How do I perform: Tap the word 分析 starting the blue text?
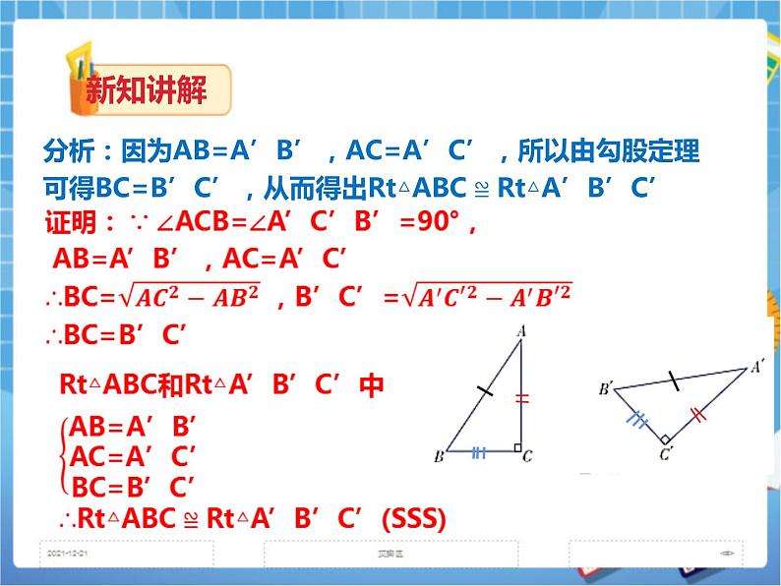[69, 151]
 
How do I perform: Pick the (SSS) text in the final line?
[412, 518]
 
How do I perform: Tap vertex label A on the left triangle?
[521, 331]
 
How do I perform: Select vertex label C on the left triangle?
[528, 456]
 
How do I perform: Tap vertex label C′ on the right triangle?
[666, 454]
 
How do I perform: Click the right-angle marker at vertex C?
[516, 446]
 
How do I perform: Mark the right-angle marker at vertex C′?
[666, 439]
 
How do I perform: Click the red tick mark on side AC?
[521, 398]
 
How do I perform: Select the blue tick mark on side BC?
[479, 452]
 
